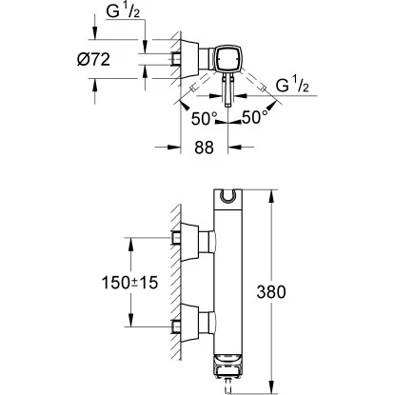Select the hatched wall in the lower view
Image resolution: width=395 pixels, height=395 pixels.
pos(177,286)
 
